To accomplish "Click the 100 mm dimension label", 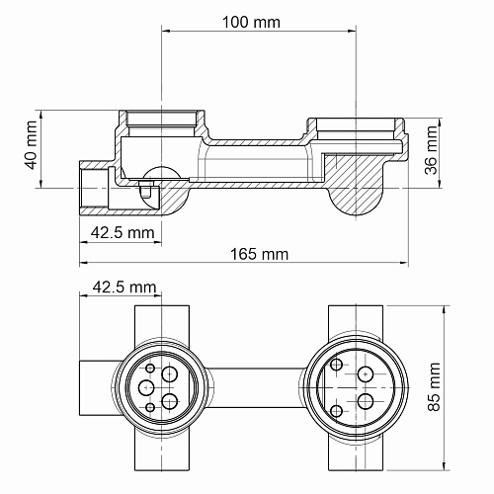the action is [x=251, y=23].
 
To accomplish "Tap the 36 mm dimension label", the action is [x=431, y=150].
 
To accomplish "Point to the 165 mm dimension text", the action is [x=259, y=254].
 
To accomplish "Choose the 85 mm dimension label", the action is [x=434, y=387].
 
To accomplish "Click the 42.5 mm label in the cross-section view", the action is [x=123, y=233].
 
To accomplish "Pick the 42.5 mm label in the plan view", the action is [x=124, y=288].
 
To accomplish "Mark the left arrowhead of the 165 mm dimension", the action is [x=84, y=263].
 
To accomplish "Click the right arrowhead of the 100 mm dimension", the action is [x=352, y=32].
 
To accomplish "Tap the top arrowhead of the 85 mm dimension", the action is [x=445, y=310].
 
